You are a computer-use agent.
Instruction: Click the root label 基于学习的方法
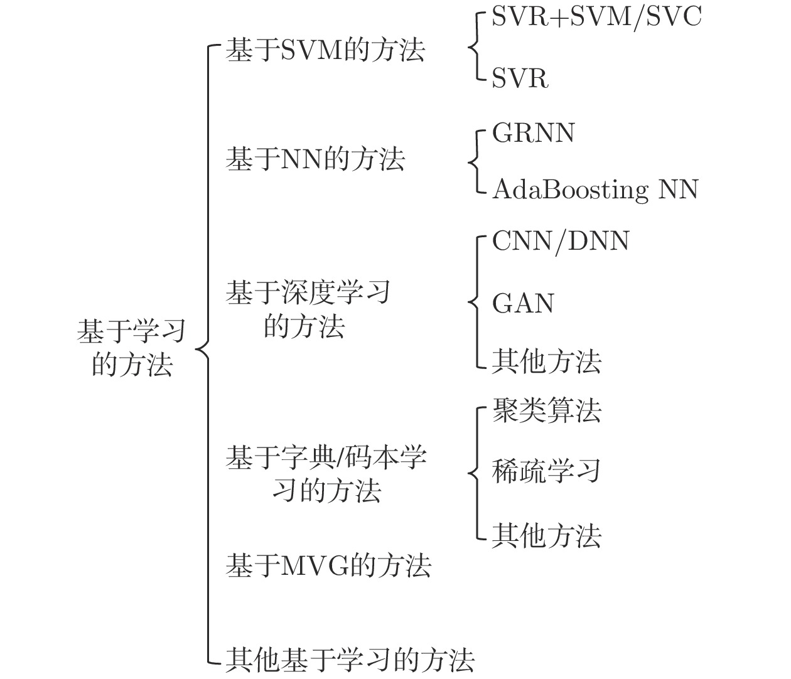coord(131,348)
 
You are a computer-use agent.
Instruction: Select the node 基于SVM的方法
coord(325,50)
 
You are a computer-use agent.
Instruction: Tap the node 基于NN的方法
coord(315,159)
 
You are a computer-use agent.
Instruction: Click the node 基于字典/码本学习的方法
coord(326,474)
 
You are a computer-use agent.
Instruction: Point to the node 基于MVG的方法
coord(328,565)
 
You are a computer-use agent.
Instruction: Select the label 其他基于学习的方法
coord(350,660)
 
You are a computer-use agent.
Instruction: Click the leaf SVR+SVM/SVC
coord(596,17)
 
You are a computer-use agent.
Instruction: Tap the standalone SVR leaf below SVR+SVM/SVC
coord(520,78)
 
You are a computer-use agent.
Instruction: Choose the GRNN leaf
coord(533,133)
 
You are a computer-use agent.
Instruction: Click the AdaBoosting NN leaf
coord(595,190)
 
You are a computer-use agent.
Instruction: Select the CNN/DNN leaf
coord(561,242)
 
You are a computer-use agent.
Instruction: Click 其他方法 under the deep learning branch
coord(546,361)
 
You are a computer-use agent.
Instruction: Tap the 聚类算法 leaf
coord(546,410)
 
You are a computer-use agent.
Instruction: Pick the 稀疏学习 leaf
coord(546,471)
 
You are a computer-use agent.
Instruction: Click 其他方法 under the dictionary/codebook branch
coord(546,535)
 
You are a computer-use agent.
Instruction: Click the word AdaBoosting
coord(570,190)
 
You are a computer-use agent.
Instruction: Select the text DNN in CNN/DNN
coord(598,241)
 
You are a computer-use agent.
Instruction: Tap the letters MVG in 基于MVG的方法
coord(314,565)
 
